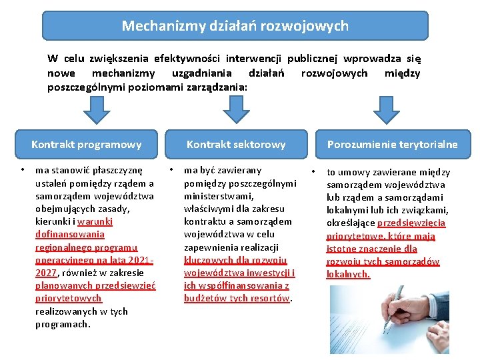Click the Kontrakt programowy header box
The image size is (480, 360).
87,144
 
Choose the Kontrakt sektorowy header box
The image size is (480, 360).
236,144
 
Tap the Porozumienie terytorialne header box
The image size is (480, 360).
392,144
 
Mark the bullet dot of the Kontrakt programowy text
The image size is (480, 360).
23,170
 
